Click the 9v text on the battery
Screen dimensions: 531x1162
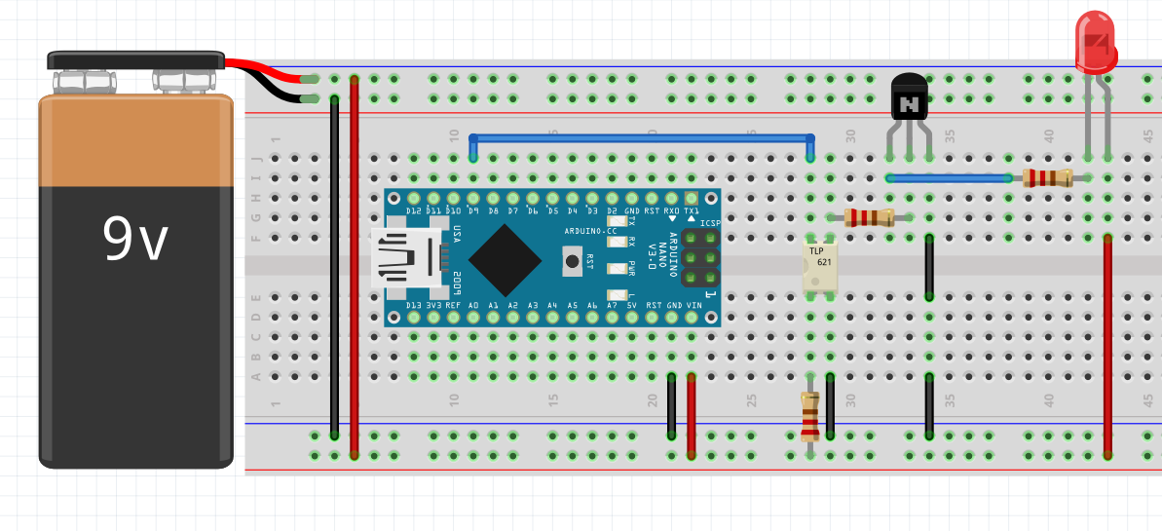(x=135, y=240)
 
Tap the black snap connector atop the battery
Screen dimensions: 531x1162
(x=136, y=60)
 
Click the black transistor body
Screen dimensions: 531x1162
(x=911, y=99)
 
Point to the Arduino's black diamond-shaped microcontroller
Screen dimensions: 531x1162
(x=505, y=260)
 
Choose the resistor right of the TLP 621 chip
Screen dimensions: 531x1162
(x=869, y=217)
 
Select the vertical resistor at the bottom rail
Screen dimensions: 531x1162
(x=809, y=416)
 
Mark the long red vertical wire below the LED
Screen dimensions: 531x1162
(x=1107, y=346)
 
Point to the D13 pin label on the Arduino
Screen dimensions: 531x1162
(x=413, y=305)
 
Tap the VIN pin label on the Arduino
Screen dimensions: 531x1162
(x=693, y=305)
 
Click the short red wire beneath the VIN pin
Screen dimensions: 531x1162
(x=692, y=414)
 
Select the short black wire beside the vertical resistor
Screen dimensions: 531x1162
(x=830, y=406)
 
